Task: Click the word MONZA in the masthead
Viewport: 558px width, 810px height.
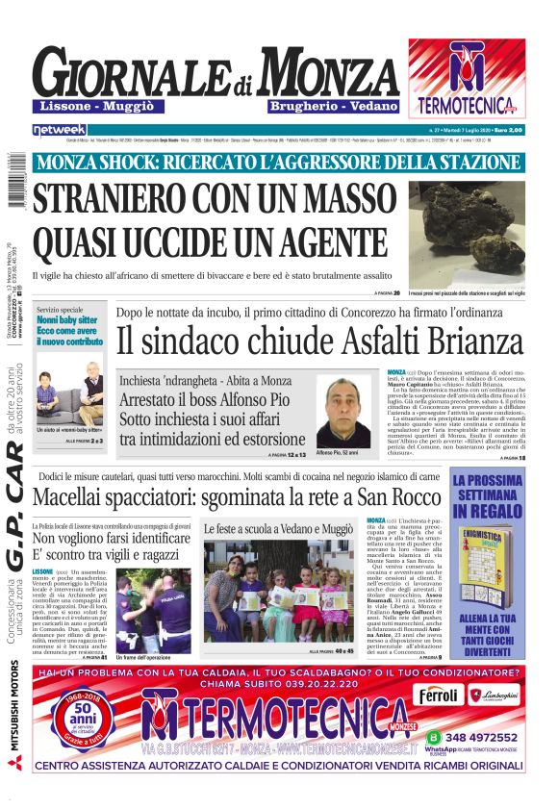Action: [x=318, y=71]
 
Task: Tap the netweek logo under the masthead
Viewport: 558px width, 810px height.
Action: [x=60, y=129]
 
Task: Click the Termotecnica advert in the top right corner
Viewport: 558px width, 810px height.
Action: [x=466, y=78]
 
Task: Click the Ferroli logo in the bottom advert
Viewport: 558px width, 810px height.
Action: [x=439, y=695]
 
